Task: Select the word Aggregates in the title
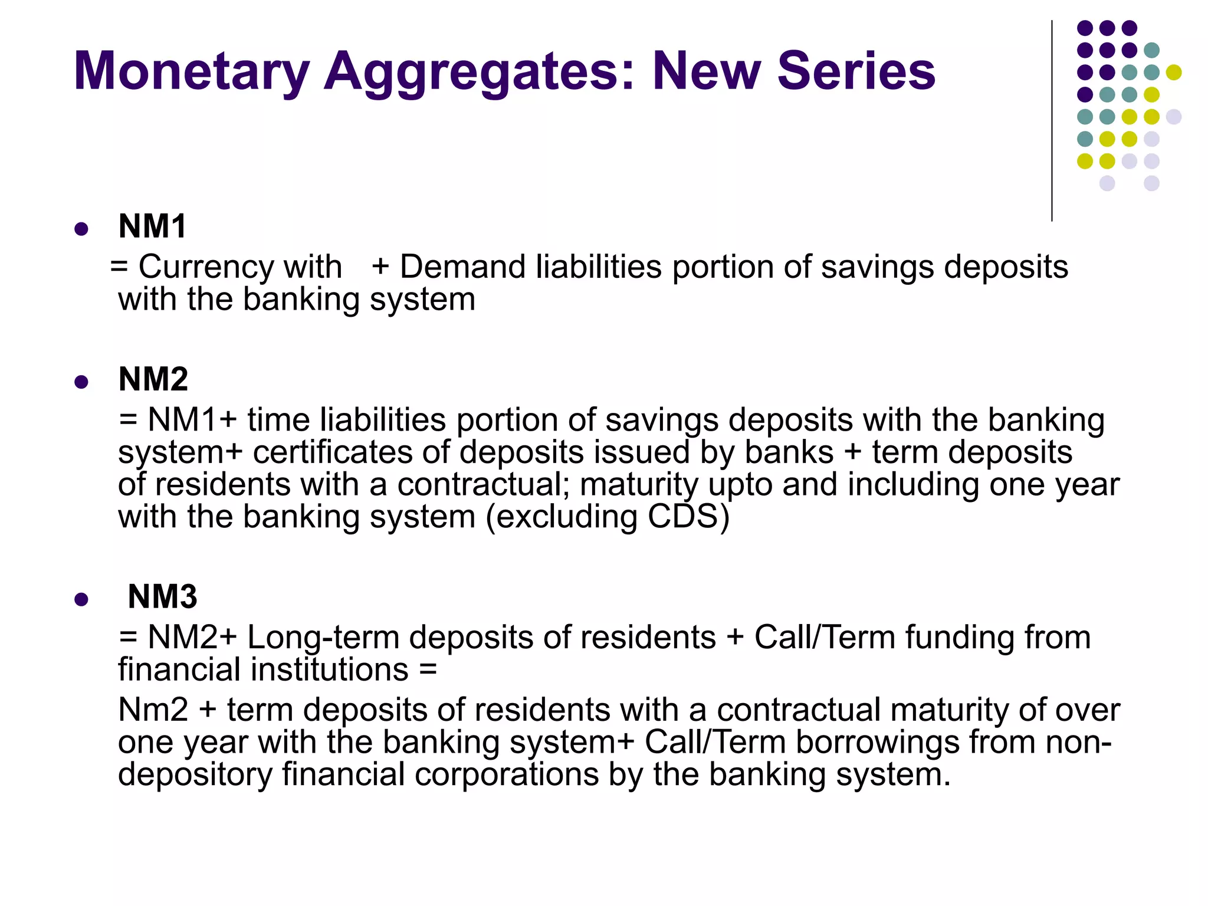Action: tap(479, 71)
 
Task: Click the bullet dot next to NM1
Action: tap(81, 229)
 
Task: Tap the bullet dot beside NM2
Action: tap(81, 382)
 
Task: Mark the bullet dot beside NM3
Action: tap(81, 600)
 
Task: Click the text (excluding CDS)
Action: tap(607, 517)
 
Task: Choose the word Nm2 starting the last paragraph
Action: tap(153, 710)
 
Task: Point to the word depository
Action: tap(195, 774)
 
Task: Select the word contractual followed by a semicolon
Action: tap(481, 485)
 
